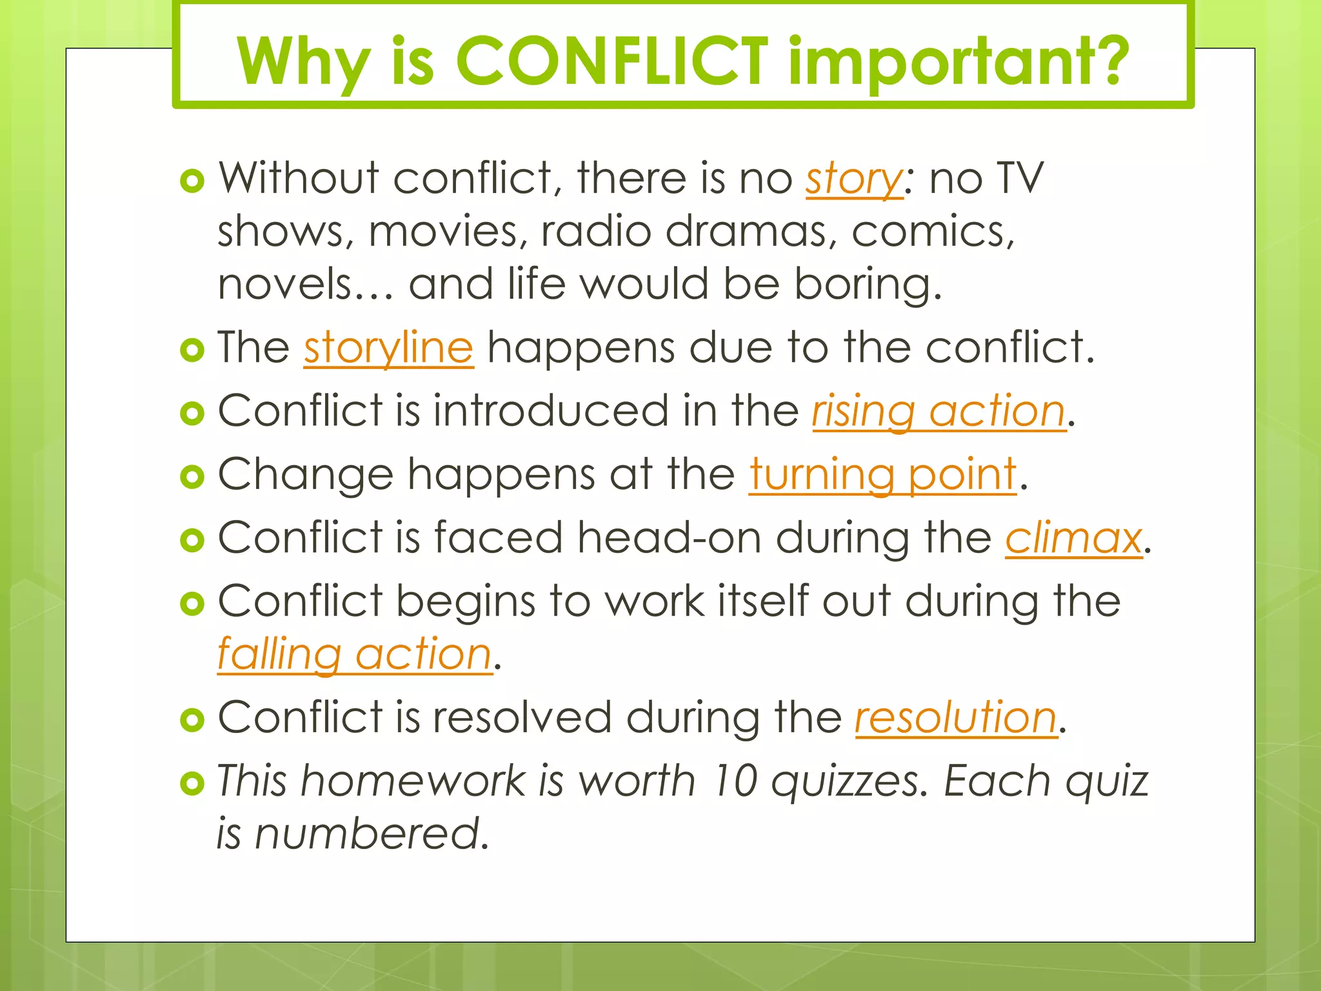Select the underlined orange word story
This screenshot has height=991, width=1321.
(x=854, y=179)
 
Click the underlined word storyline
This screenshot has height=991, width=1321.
(x=389, y=348)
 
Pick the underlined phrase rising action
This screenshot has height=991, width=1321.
(x=939, y=412)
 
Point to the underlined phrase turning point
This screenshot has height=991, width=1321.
(x=882, y=475)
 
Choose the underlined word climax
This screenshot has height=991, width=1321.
(x=1073, y=537)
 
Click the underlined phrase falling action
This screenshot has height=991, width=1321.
(x=355, y=654)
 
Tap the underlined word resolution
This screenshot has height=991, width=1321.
(x=956, y=717)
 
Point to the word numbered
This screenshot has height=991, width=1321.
(x=372, y=833)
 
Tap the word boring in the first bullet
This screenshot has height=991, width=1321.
(x=867, y=285)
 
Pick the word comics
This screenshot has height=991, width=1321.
(x=933, y=231)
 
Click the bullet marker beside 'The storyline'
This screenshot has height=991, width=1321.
(x=192, y=350)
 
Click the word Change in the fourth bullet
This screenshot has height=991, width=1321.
(x=306, y=475)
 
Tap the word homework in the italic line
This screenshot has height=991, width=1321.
(x=413, y=781)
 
